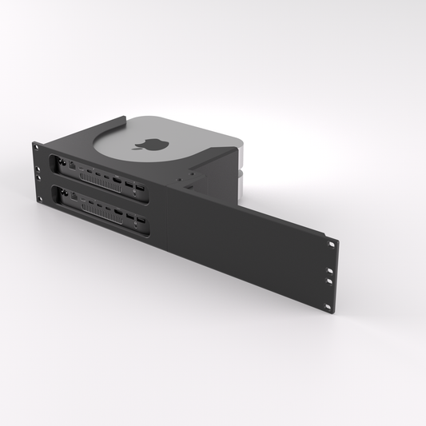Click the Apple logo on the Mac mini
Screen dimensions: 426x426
149,145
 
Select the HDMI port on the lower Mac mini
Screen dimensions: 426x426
117,211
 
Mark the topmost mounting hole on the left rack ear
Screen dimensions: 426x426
36,146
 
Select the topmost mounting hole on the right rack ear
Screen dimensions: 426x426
330,243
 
